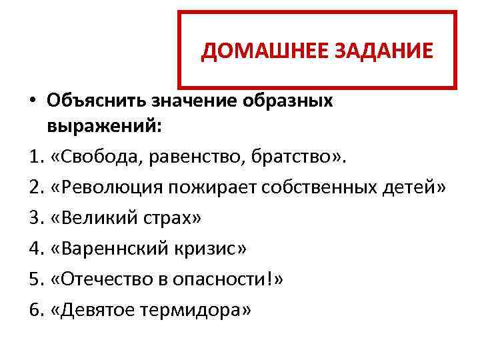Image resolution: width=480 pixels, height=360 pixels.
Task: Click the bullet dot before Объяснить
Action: (x=33, y=101)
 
